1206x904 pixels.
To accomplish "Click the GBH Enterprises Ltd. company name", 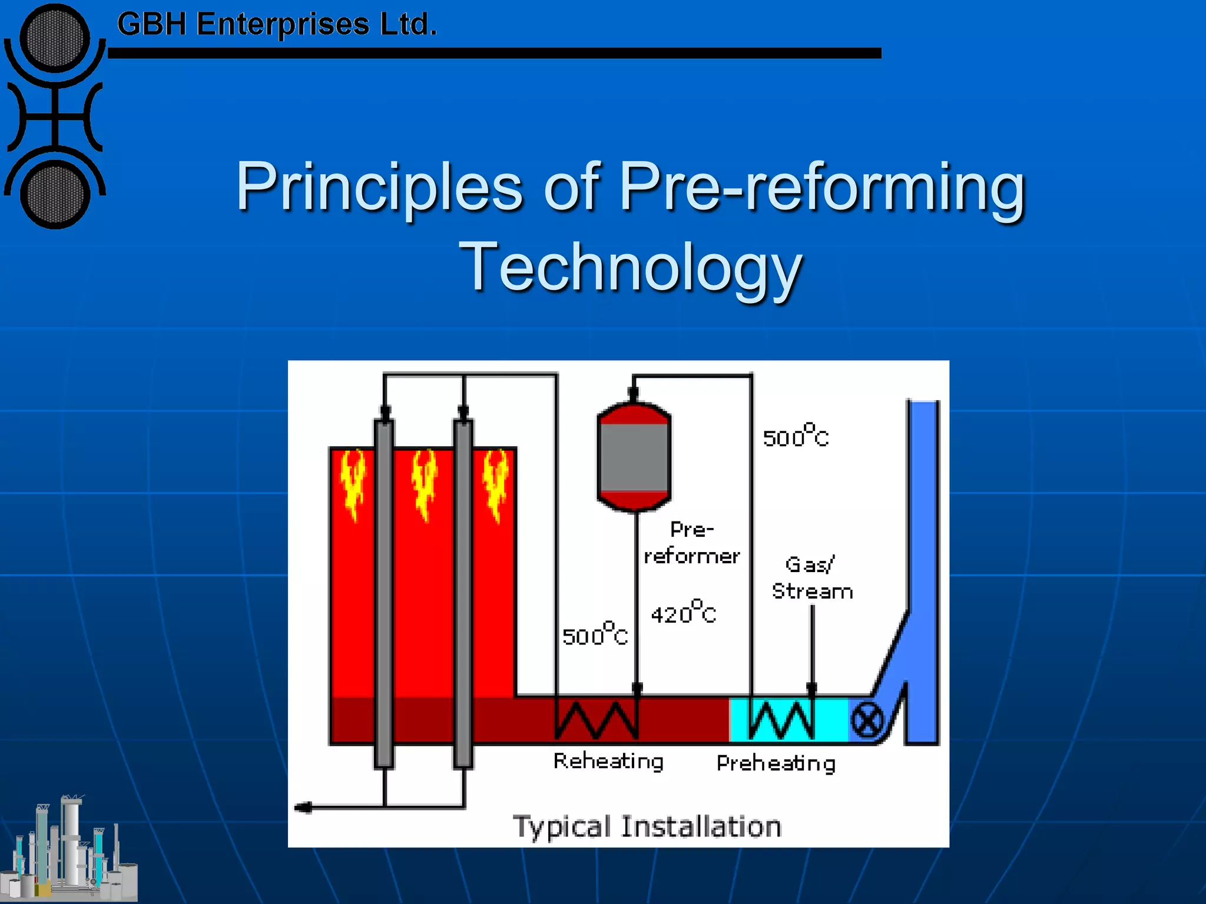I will click(x=277, y=25).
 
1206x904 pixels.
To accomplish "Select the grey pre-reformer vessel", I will click(x=634, y=456).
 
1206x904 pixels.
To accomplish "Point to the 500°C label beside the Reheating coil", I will click(x=595, y=634).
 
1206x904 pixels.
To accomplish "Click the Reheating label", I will click(x=608, y=761).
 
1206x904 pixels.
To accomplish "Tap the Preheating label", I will click(x=776, y=763).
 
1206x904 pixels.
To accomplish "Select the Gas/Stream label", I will click(x=812, y=578).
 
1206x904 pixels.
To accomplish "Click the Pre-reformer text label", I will click(x=692, y=543).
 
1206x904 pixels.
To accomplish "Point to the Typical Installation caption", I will click(x=647, y=826).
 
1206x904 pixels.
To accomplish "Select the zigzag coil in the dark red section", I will click(x=596, y=719).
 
